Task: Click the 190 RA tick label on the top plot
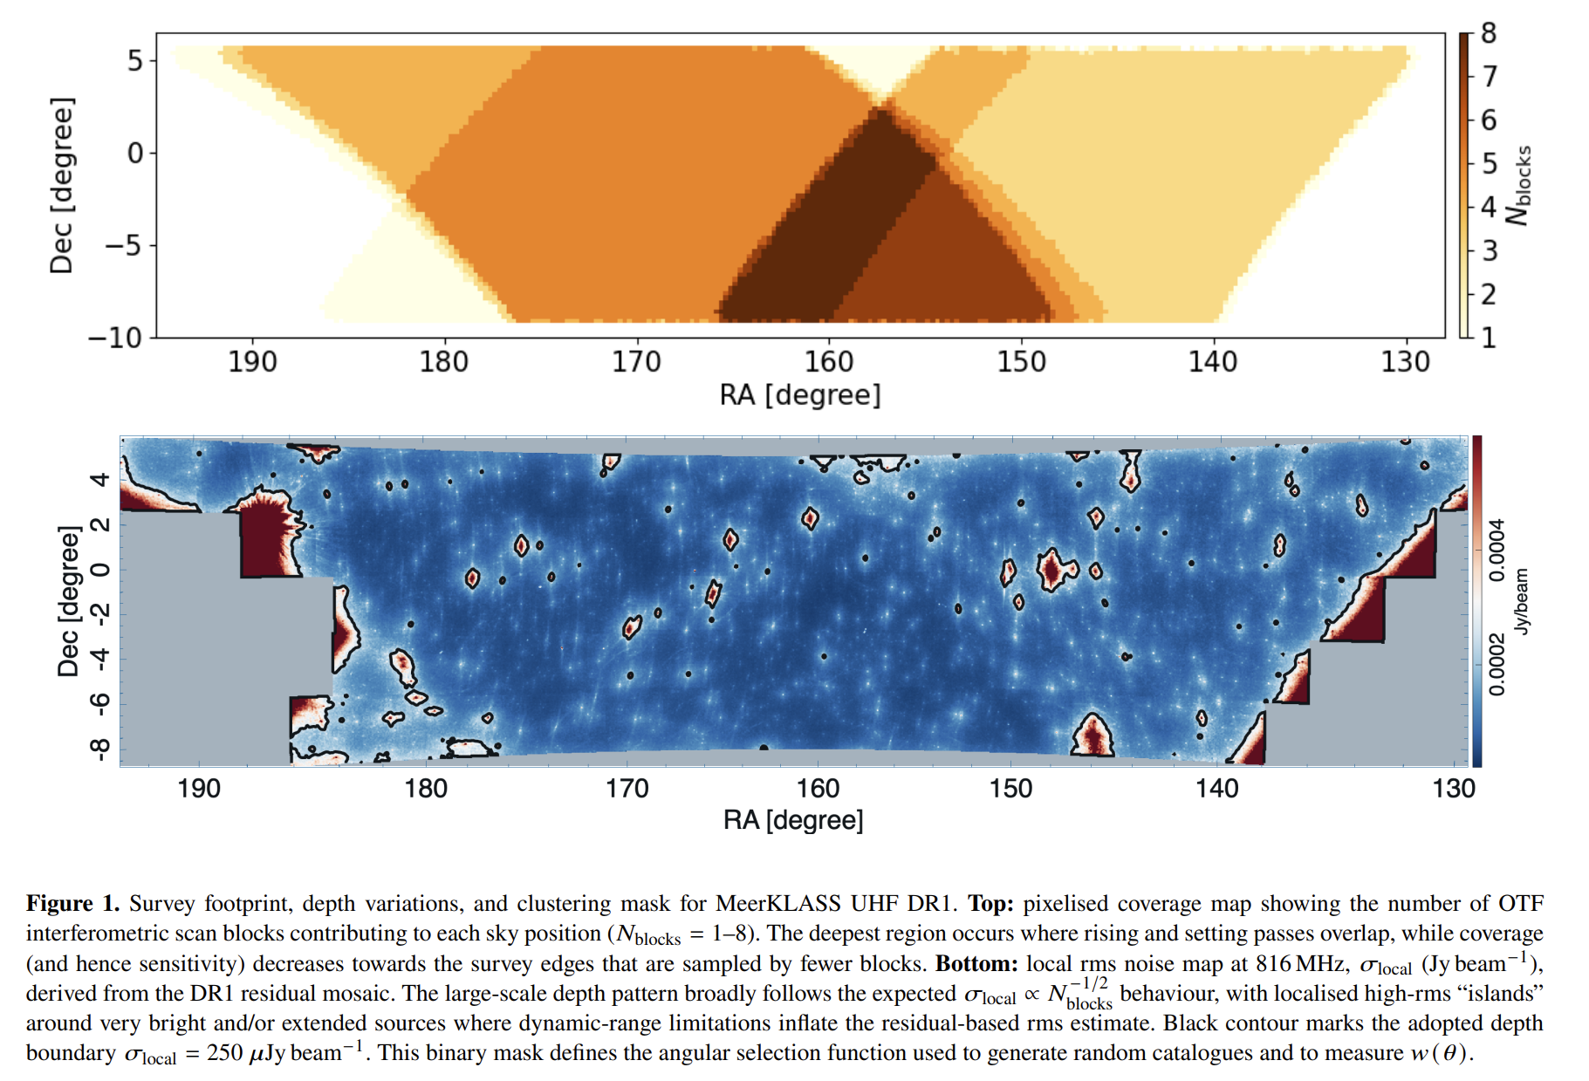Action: (252, 361)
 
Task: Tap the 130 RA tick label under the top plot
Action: (1406, 361)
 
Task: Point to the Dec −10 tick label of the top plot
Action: (115, 338)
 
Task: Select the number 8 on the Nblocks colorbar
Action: (1489, 34)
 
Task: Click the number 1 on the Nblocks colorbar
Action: (1489, 338)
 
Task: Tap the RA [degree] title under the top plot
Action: (800, 395)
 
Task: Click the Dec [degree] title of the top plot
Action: (62, 186)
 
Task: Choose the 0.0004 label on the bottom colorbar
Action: (1497, 551)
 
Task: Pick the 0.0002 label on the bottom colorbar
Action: (1497, 665)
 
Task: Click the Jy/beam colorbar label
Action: (1522, 601)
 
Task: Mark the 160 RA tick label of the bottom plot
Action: (818, 789)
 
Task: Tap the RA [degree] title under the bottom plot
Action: (793, 820)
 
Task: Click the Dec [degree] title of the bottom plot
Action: (68, 601)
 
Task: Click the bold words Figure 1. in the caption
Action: (72, 903)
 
